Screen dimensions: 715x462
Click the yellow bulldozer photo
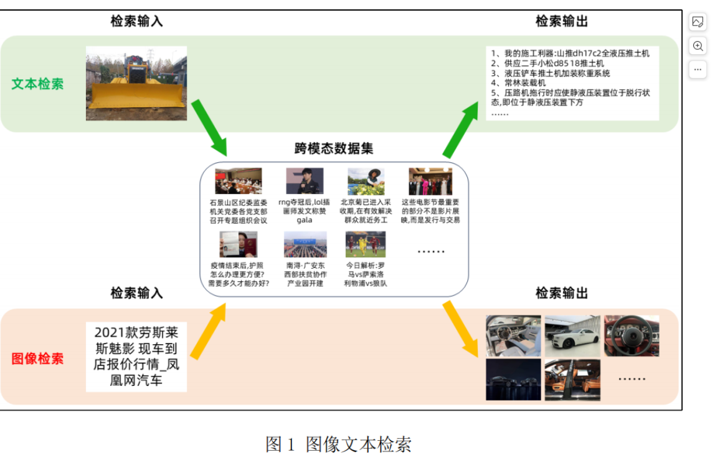(136, 83)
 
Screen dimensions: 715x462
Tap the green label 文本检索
(37, 84)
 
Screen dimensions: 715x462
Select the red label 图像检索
(37, 359)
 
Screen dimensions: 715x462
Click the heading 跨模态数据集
(334, 148)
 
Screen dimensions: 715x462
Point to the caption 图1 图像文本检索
(338, 444)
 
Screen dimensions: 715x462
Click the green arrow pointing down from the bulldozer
(209, 127)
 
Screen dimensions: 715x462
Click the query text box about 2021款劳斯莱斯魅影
(136, 356)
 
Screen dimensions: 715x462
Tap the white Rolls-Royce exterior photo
(572, 335)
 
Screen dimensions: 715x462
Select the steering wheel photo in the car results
(631, 335)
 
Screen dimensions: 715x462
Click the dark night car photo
(513, 379)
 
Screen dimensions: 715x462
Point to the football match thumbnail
(366, 244)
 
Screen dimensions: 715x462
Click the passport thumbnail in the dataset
(238, 244)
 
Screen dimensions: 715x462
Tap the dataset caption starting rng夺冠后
(304, 211)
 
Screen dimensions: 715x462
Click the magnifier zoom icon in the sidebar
(698, 46)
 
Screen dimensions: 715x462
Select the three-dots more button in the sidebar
(698, 69)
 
